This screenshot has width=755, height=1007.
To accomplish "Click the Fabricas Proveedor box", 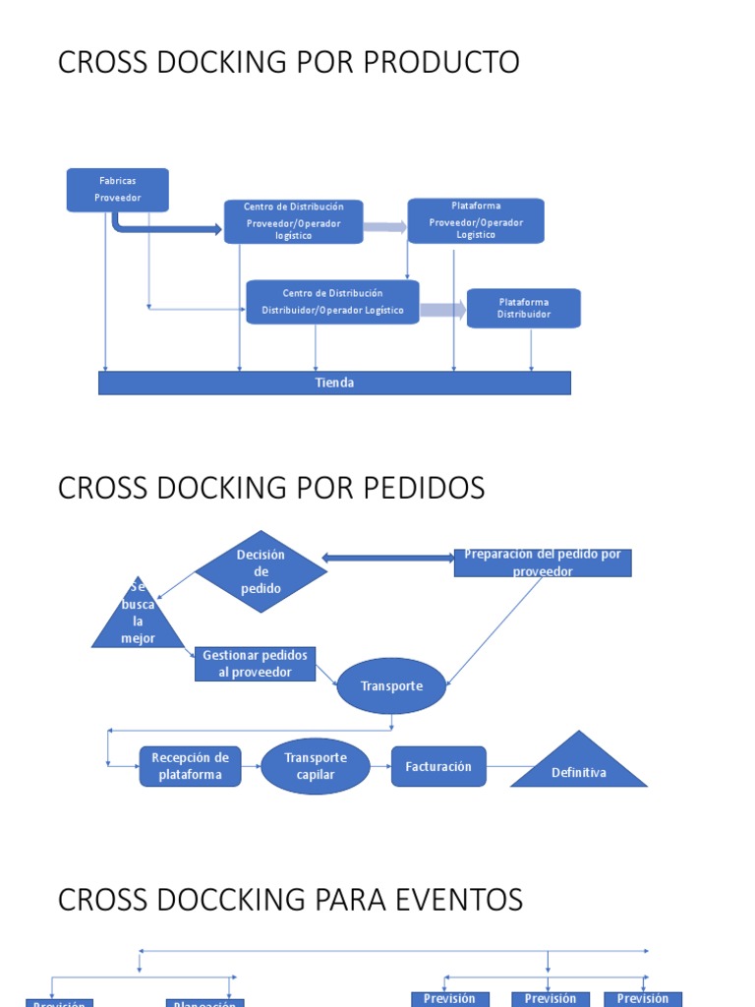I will click(118, 190).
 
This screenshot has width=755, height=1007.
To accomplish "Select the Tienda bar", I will click(334, 383).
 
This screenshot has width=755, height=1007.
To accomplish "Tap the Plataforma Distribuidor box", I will click(523, 308).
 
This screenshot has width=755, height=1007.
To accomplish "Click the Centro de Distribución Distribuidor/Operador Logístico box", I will click(332, 302).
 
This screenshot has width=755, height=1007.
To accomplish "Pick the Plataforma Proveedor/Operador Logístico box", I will click(476, 220).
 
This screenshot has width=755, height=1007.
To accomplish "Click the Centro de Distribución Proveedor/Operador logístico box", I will click(293, 221).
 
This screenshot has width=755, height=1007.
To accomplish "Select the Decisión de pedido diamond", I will click(261, 571).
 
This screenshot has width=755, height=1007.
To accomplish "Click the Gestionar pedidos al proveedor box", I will click(256, 664).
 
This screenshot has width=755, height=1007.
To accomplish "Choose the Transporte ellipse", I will click(391, 686).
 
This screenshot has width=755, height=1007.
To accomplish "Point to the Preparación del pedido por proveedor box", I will click(543, 563).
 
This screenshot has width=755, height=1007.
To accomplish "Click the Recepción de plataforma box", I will click(190, 766).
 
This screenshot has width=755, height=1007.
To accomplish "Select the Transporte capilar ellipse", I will click(316, 766).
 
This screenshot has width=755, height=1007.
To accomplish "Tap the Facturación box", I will click(438, 766).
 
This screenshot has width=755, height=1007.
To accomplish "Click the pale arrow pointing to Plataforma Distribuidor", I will click(443, 310).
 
